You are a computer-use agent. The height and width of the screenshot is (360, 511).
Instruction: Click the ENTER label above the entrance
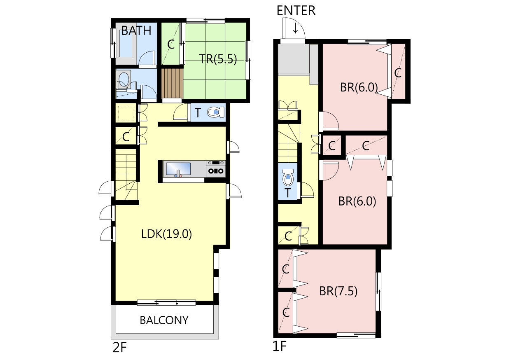[296, 10]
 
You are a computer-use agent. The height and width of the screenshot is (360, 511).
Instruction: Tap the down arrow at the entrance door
[295, 28]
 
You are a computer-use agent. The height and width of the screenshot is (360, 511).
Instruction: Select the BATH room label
[136, 30]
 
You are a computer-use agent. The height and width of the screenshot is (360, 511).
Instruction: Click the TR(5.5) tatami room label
[218, 59]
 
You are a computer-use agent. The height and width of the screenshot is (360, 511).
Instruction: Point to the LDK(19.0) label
[166, 234]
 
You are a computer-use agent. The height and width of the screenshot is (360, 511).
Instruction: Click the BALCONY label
[164, 320]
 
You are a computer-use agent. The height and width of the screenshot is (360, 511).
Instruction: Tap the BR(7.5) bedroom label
[338, 291]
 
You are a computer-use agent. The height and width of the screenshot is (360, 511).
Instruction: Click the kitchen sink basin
[178, 169]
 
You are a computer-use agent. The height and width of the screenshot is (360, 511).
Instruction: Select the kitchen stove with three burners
[216, 168]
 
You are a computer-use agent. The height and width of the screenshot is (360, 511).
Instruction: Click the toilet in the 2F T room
[216, 112]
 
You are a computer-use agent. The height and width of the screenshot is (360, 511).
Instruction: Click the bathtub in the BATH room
[126, 44]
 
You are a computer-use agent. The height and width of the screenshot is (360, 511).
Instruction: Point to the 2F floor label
[119, 348]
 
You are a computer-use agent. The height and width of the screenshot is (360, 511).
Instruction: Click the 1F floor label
[280, 346]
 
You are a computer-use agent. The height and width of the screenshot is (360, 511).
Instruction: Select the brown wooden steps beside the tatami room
[173, 83]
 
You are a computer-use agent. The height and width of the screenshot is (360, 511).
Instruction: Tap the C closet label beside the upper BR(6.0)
[398, 73]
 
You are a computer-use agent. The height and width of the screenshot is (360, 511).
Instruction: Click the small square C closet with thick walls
[332, 145]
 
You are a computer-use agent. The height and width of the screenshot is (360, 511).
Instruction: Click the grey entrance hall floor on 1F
[294, 59]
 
